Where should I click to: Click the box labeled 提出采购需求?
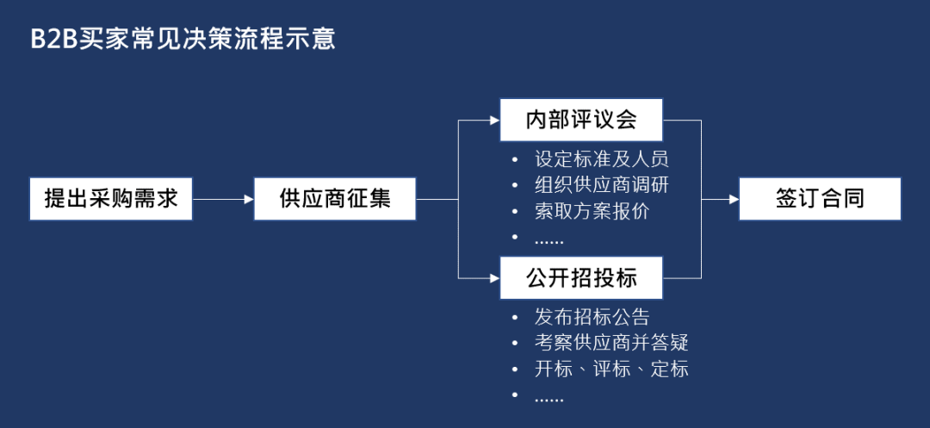point(111,199)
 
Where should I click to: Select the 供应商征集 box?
point(335,199)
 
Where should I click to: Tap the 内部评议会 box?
point(581,120)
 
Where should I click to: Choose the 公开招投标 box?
point(581,278)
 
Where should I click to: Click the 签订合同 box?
point(820,199)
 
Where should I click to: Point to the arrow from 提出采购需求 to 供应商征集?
point(223,199)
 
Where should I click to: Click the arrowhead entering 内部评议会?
point(494,121)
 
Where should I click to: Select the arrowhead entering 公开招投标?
point(494,278)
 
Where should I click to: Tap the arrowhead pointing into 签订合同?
point(734,199)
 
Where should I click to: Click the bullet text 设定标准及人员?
point(602,159)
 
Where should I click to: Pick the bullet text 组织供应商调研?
point(602,185)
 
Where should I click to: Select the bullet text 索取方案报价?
point(592,211)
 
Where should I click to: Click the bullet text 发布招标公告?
point(592,317)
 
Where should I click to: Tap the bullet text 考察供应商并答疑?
point(611,343)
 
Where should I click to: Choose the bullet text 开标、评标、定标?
point(611,369)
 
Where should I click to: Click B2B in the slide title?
point(53,40)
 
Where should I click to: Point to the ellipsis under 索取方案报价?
point(549,240)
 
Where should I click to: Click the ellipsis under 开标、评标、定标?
point(549,398)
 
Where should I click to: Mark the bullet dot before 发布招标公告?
point(515,318)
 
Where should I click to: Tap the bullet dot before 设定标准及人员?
point(515,160)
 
